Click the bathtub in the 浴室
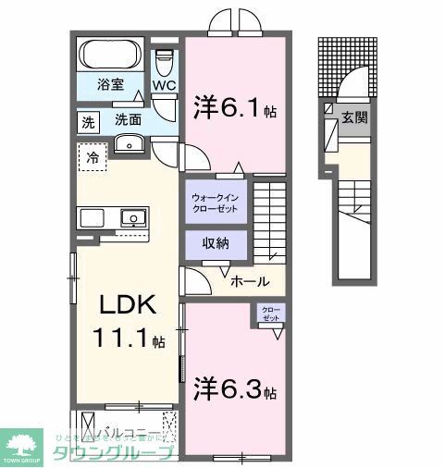[x=109, y=54]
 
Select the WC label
[x=164, y=86]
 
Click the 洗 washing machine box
[x=87, y=120]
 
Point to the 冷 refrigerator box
[x=93, y=157]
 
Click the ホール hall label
[x=250, y=281]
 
